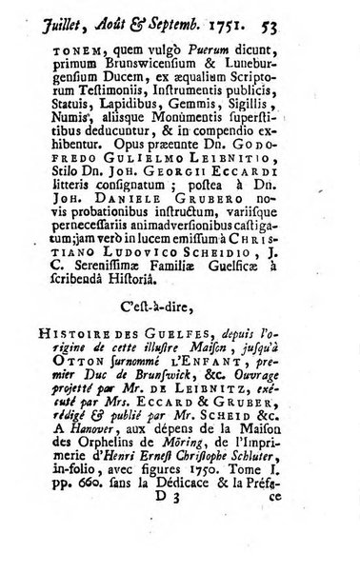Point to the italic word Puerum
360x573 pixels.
222,63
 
